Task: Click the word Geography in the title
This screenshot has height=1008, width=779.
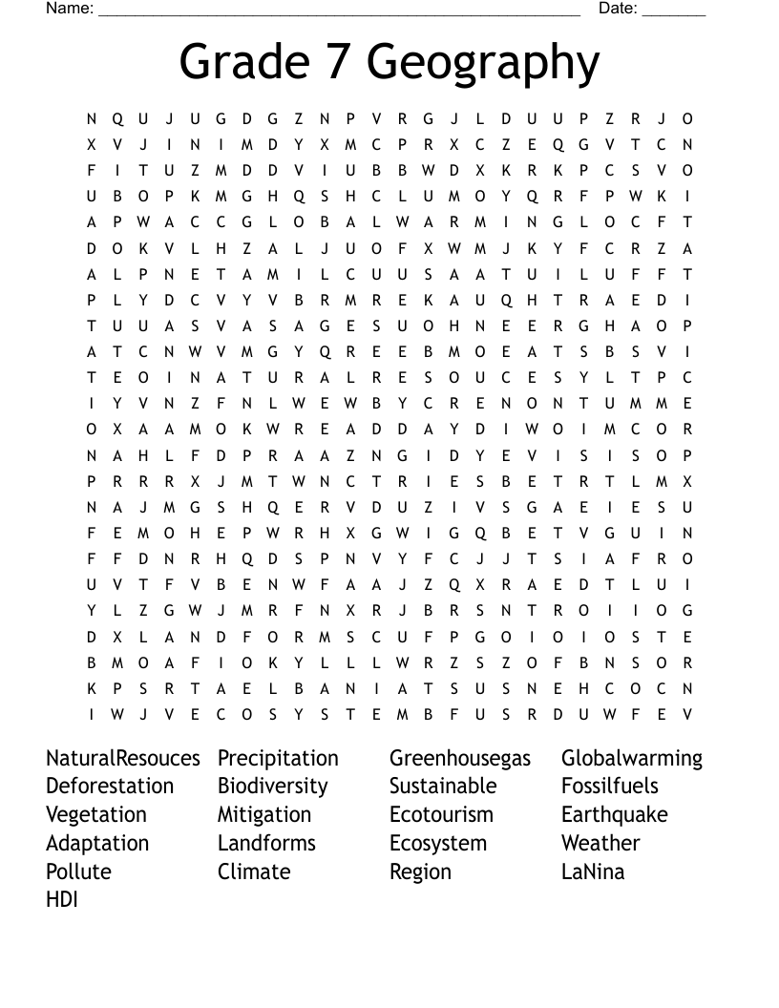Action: [483, 64]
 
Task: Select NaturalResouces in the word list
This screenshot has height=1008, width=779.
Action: [123, 758]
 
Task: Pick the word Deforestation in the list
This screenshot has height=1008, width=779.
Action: [110, 787]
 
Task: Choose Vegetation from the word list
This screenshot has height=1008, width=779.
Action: [96, 815]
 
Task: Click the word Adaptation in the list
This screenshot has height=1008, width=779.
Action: [97, 844]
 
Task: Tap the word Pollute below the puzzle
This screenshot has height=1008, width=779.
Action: [78, 871]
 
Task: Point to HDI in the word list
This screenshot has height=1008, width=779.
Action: [62, 899]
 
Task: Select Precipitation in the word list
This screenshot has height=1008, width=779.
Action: [278, 758]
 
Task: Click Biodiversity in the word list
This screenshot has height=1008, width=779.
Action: [272, 787]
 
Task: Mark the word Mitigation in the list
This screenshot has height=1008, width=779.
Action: [264, 815]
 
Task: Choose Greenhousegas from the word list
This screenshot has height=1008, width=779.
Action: [460, 759]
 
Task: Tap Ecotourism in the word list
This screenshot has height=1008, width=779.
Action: [441, 815]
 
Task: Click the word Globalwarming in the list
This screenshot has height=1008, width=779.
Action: [632, 759]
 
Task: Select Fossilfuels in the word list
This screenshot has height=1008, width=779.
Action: [610, 787]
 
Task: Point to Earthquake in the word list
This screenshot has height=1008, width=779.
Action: [615, 815]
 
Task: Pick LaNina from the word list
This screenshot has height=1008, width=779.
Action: [593, 871]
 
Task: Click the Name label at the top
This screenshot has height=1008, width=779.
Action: [69, 9]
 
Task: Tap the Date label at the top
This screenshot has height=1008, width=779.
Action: [617, 9]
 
